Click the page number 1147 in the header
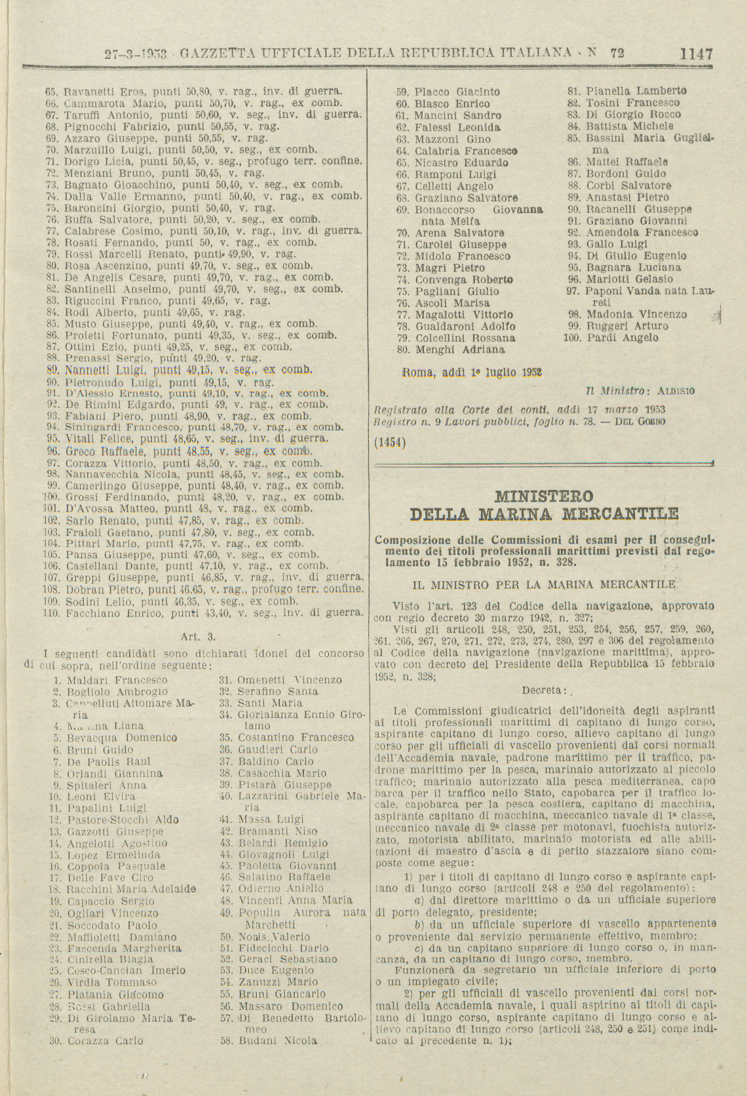point(696,54)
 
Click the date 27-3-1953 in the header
point(136,55)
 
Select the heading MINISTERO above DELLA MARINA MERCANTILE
point(544,496)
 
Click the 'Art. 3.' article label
point(198,635)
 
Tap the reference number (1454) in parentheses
point(390,442)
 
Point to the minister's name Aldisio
point(676,391)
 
